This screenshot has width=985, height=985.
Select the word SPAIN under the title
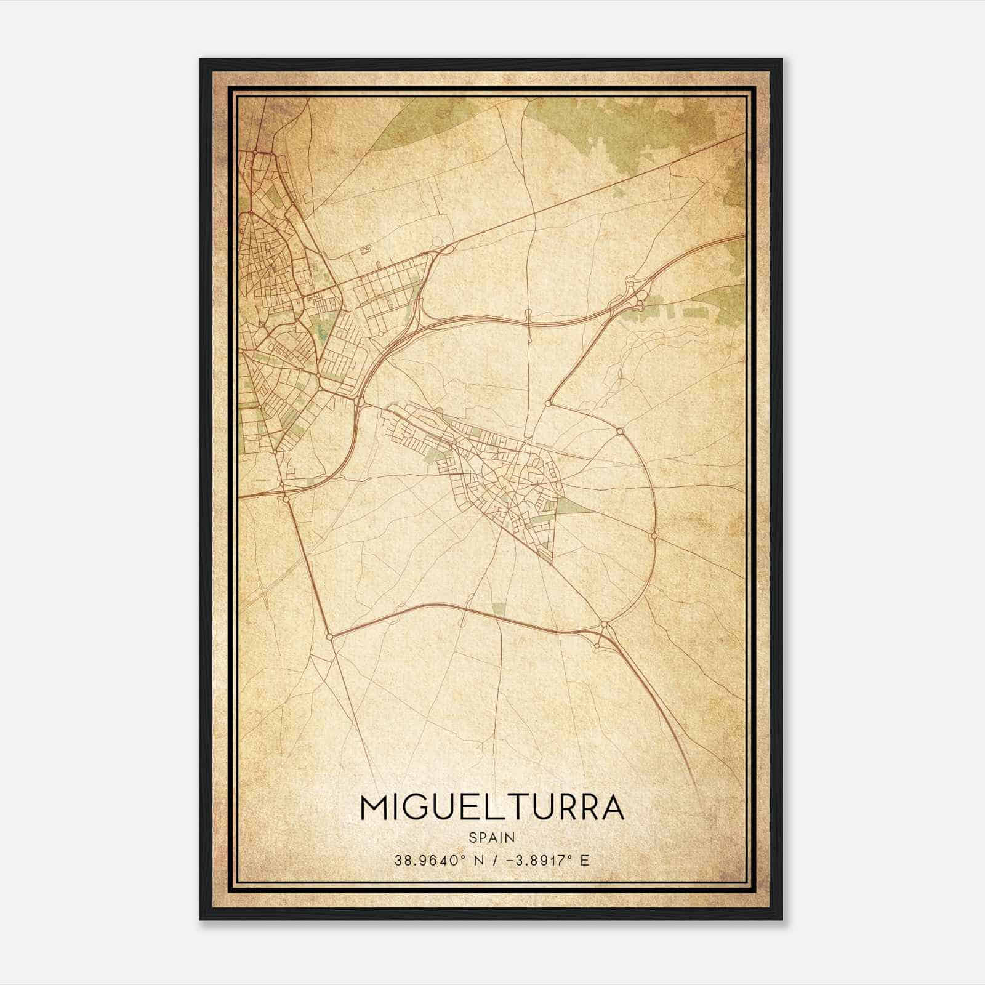[492, 837]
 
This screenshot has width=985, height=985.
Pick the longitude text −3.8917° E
[548, 860]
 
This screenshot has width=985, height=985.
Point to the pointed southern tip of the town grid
[552, 561]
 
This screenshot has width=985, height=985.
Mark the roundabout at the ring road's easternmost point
[654, 536]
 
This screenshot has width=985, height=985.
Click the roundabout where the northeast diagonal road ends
[547, 403]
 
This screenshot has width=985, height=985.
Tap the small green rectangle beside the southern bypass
[499, 608]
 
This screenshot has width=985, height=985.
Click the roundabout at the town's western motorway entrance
[360, 401]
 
